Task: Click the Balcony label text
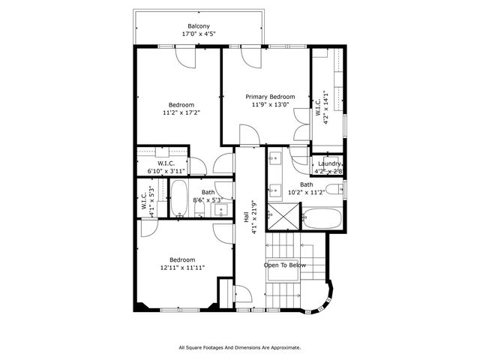pos(199,26)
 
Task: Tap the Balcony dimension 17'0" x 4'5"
pos(199,34)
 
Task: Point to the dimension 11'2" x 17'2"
pos(181,112)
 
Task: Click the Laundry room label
pos(330,163)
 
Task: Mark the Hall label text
pos(247,218)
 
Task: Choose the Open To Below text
pos(284,265)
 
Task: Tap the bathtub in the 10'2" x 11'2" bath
pos(322,218)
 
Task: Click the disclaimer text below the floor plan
pos(239,347)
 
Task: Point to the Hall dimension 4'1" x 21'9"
pos(254,218)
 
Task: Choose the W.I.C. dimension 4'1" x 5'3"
pos(151,203)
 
